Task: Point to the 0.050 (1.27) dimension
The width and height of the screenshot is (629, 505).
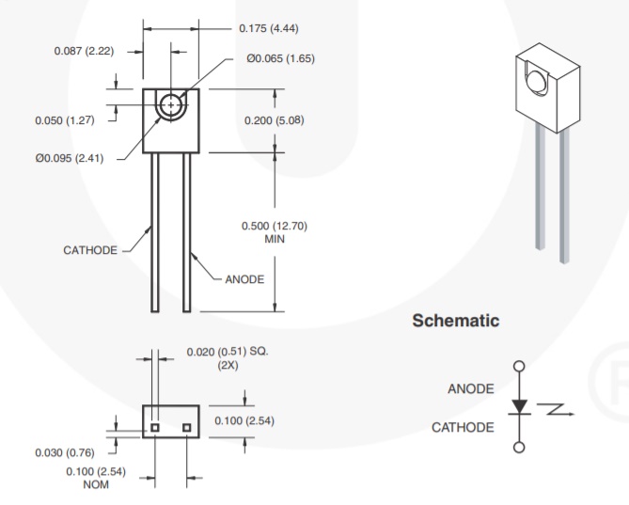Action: click(64, 119)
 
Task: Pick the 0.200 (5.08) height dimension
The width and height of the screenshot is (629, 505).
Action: click(275, 120)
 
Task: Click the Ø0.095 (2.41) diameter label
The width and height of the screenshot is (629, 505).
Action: click(67, 155)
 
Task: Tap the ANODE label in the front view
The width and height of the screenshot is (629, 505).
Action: click(244, 279)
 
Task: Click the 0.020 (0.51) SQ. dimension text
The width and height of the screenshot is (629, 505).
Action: click(227, 352)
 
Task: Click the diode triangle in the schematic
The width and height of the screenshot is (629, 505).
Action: click(518, 407)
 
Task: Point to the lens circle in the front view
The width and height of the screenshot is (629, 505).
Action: click(170, 105)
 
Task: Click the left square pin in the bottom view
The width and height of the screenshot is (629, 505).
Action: click(155, 428)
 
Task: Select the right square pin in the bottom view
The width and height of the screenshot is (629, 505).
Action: click(187, 428)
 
